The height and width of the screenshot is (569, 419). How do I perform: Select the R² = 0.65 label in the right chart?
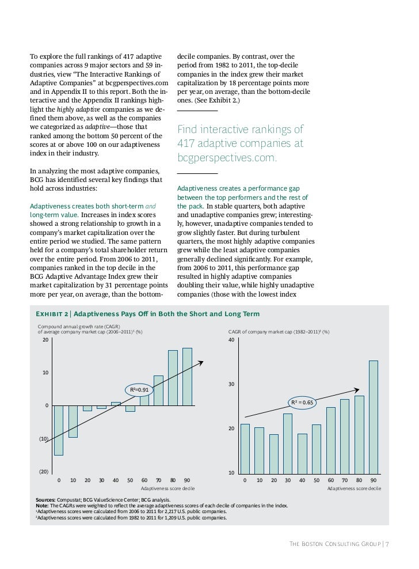click(x=302, y=403)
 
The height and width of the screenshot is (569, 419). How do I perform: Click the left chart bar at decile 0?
click(x=59, y=430)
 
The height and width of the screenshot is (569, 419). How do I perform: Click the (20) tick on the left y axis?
click(x=43, y=472)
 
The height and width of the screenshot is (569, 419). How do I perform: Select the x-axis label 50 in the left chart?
click(x=130, y=480)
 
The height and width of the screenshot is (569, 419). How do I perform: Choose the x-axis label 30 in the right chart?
click(x=288, y=480)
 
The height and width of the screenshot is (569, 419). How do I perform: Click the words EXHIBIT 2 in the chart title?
click(x=52, y=314)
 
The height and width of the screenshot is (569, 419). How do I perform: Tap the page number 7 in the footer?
click(x=387, y=544)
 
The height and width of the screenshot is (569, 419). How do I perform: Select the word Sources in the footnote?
click(x=45, y=500)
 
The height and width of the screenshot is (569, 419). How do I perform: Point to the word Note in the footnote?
click(x=43, y=506)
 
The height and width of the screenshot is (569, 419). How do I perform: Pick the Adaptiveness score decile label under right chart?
click(x=353, y=488)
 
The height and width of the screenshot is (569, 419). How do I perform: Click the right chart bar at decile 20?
click(x=273, y=454)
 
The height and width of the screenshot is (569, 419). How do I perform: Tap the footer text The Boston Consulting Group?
click(x=334, y=544)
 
